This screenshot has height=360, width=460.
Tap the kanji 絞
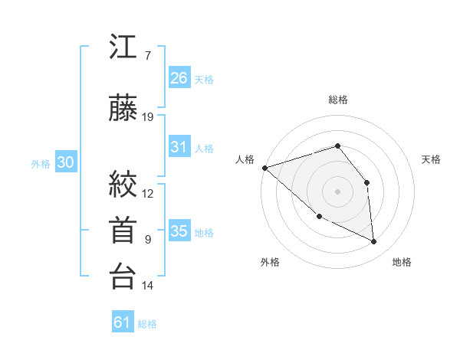[x=123, y=184]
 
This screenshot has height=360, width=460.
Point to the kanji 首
[x=123, y=230]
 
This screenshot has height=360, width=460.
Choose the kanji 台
[x=123, y=276]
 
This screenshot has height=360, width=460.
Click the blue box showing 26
[x=179, y=77]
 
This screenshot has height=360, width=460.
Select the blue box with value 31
[x=179, y=147]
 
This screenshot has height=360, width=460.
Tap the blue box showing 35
[x=179, y=231]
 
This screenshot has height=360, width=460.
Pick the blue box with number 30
[x=65, y=162]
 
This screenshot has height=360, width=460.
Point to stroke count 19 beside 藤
[x=148, y=117]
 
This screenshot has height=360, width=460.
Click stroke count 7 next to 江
[x=147, y=56]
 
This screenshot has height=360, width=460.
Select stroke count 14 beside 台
[x=148, y=286]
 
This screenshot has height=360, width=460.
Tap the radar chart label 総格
[x=338, y=100]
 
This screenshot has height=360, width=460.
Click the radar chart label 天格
[x=431, y=159]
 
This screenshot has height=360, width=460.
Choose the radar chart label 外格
[x=270, y=263]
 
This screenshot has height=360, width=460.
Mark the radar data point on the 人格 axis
[x=264, y=168]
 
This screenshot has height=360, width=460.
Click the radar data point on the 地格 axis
[x=374, y=242]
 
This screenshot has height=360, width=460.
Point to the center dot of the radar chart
[x=337, y=191]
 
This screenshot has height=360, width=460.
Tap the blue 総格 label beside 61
[x=147, y=324]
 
